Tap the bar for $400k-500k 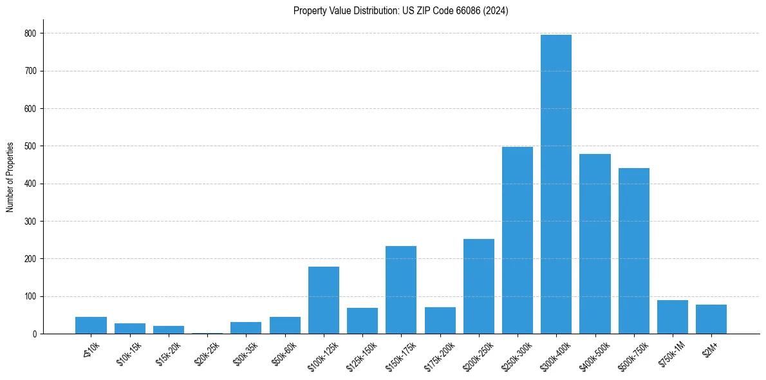pos(595,244)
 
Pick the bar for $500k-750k pos(634,251)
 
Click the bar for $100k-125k pos(324,300)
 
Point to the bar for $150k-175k pos(401,290)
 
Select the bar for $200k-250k pos(479,287)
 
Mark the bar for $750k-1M pos(673,317)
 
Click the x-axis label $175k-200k pos(440,356)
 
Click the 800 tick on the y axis pos(32,33)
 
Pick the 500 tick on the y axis pos(32,146)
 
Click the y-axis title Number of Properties pos(10,177)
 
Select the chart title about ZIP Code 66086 pos(400,11)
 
